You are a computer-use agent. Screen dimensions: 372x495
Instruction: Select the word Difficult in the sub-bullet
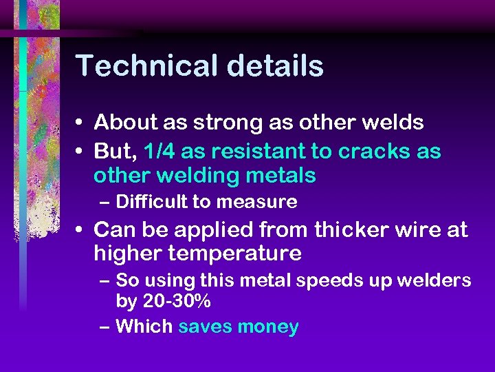pyautogui.click(x=151, y=202)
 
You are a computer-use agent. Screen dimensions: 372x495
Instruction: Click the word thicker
pyautogui.click(x=353, y=229)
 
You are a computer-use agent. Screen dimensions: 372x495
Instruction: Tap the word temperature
pyautogui.click(x=233, y=254)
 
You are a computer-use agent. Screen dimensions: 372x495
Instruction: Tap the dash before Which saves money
pyautogui.click(x=104, y=327)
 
